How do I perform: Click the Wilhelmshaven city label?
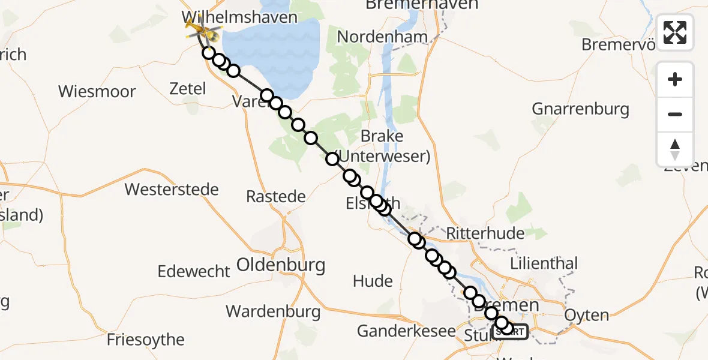(239, 17)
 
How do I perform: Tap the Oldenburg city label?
(281, 265)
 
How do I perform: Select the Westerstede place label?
(171, 190)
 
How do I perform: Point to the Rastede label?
(276, 196)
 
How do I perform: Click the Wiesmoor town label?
(97, 92)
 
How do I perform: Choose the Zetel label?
(188, 89)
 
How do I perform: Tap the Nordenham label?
(382, 37)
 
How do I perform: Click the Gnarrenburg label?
(580, 109)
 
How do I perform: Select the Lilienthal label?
(544, 263)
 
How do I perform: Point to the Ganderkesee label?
(406, 331)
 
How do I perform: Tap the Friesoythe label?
(145, 340)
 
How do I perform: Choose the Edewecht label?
(193, 271)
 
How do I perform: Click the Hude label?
(373, 281)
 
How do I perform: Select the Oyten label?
(587, 315)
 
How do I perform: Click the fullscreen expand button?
(675, 32)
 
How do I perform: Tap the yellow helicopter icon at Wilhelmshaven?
(199, 28)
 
